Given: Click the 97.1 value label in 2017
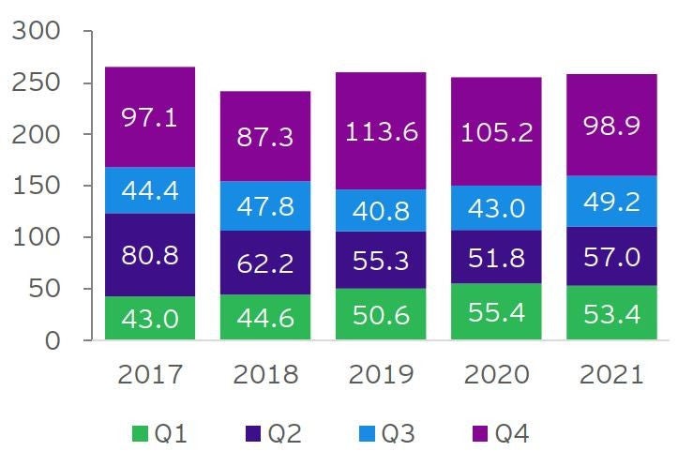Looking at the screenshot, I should click(x=150, y=118).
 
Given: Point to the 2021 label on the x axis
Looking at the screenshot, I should click(x=610, y=376).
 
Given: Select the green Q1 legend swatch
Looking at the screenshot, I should click(x=140, y=433).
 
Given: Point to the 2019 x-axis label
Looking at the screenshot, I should click(x=381, y=376).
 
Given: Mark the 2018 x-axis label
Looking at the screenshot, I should click(x=265, y=376).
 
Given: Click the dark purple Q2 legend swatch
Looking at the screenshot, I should click(x=251, y=433).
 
